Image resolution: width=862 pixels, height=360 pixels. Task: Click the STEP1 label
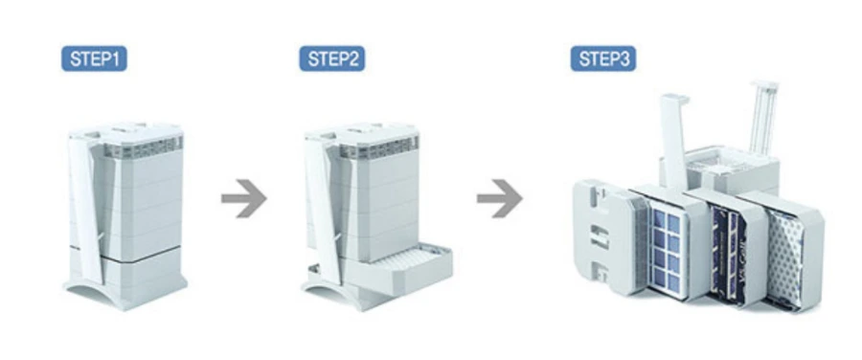[x=94, y=58]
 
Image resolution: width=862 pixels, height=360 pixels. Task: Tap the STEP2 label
[x=332, y=58]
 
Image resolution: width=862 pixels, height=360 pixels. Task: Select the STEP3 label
[x=603, y=58]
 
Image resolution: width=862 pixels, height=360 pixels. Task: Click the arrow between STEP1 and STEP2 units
[x=244, y=198]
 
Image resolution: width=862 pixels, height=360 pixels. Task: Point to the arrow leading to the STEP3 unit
[x=500, y=198]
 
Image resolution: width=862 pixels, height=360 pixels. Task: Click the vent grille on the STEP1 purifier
[x=143, y=148]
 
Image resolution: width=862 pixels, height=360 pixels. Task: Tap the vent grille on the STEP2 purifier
[x=379, y=148]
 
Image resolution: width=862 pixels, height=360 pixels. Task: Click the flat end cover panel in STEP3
[x=602, y=237]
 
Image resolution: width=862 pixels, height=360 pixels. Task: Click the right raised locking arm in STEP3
[x=763, y=118]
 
